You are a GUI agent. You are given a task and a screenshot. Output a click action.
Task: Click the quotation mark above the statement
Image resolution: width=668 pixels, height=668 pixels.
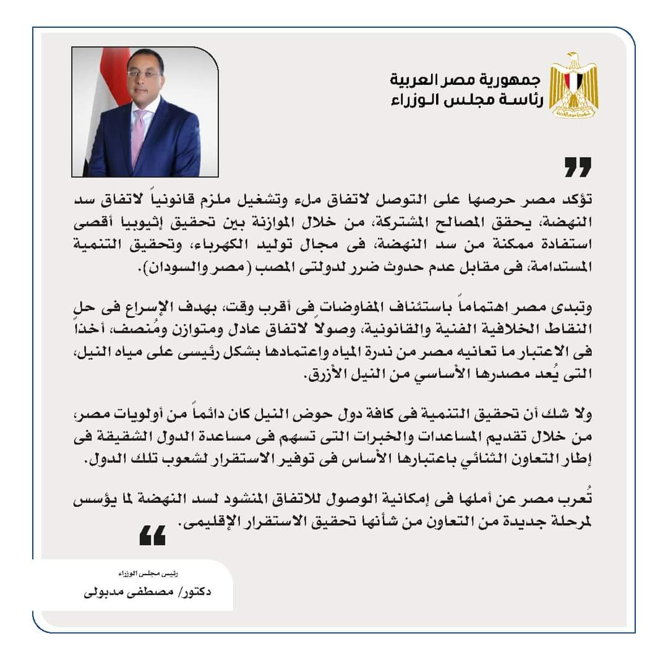point(578,167)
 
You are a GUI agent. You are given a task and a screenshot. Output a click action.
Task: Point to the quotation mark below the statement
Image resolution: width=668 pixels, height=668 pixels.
point(152,536)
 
